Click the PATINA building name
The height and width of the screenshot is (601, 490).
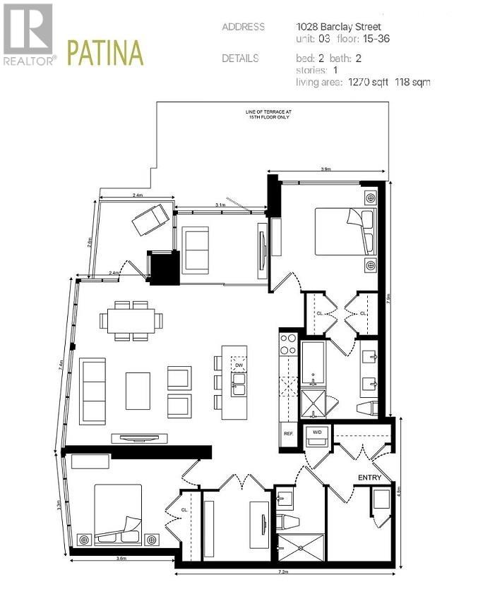click(x=104, y=54)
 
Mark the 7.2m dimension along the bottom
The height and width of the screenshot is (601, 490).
click(x=284, y=571)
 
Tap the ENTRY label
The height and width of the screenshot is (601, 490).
click(x=369, y=478)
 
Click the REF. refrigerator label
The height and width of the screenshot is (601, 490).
click(x=288, y=433)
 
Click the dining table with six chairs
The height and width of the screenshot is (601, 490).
click(x=131, y=321)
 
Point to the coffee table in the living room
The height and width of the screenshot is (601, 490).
click(x=138, y=391)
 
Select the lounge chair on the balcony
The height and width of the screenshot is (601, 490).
click(x=150, y=216)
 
